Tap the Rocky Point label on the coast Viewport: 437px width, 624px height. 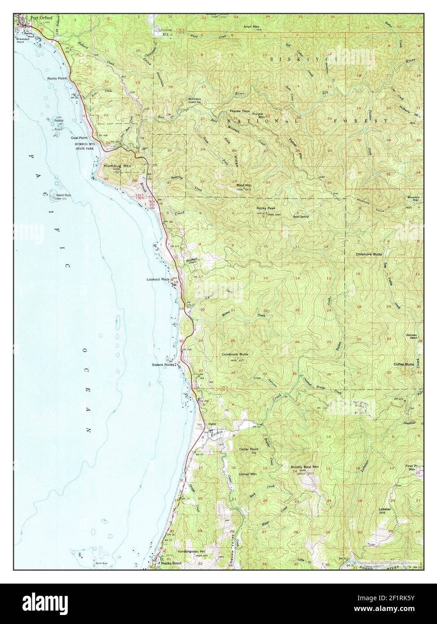57,78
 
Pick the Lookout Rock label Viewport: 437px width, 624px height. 158,279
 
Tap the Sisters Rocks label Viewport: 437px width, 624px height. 162,365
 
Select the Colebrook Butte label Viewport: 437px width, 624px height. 235,354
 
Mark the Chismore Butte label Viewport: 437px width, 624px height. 369,254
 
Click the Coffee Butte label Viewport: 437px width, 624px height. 404,364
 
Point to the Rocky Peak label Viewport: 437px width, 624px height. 266,208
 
